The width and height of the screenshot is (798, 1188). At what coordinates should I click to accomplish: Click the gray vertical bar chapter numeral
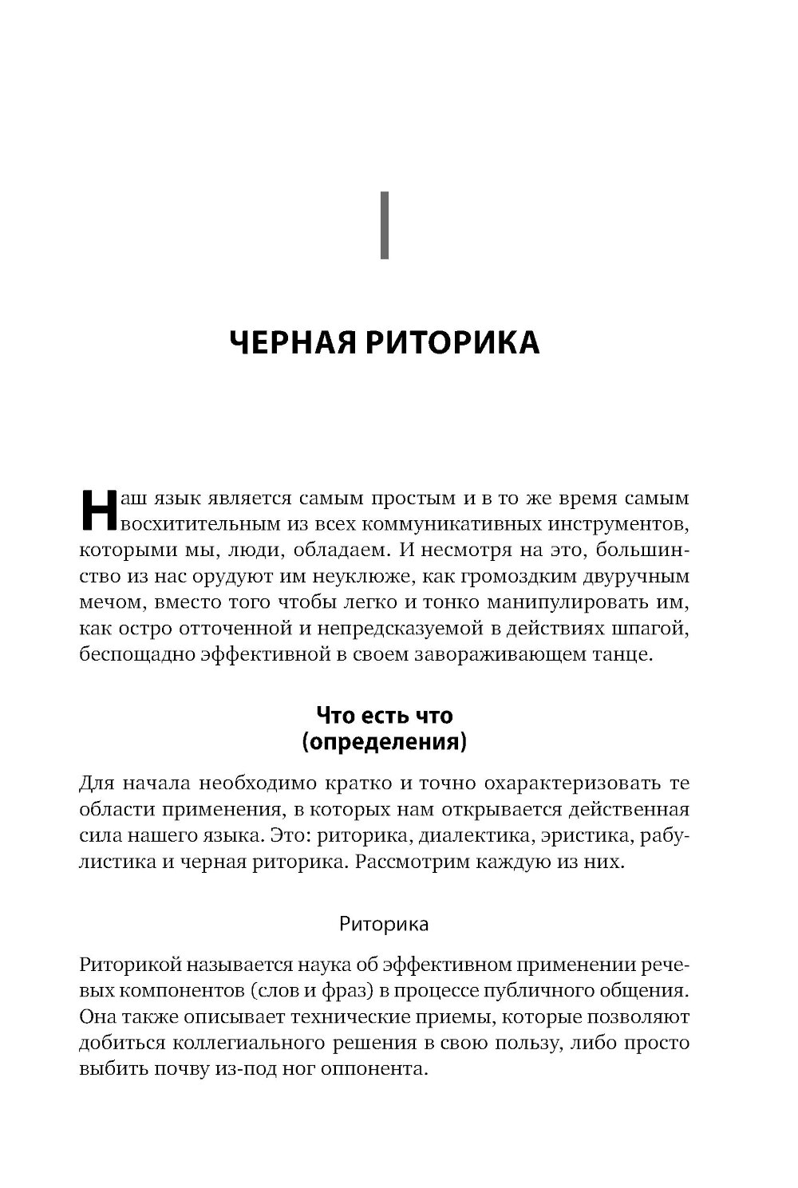[385, 226]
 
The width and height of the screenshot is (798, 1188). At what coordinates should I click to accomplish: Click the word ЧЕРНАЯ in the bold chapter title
[290, 343]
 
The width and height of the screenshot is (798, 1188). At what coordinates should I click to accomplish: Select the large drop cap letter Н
[99, 510]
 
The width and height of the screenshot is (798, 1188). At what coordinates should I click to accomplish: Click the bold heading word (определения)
[384, 743]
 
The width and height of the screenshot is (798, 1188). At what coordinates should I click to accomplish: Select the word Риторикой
[128, 965]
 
